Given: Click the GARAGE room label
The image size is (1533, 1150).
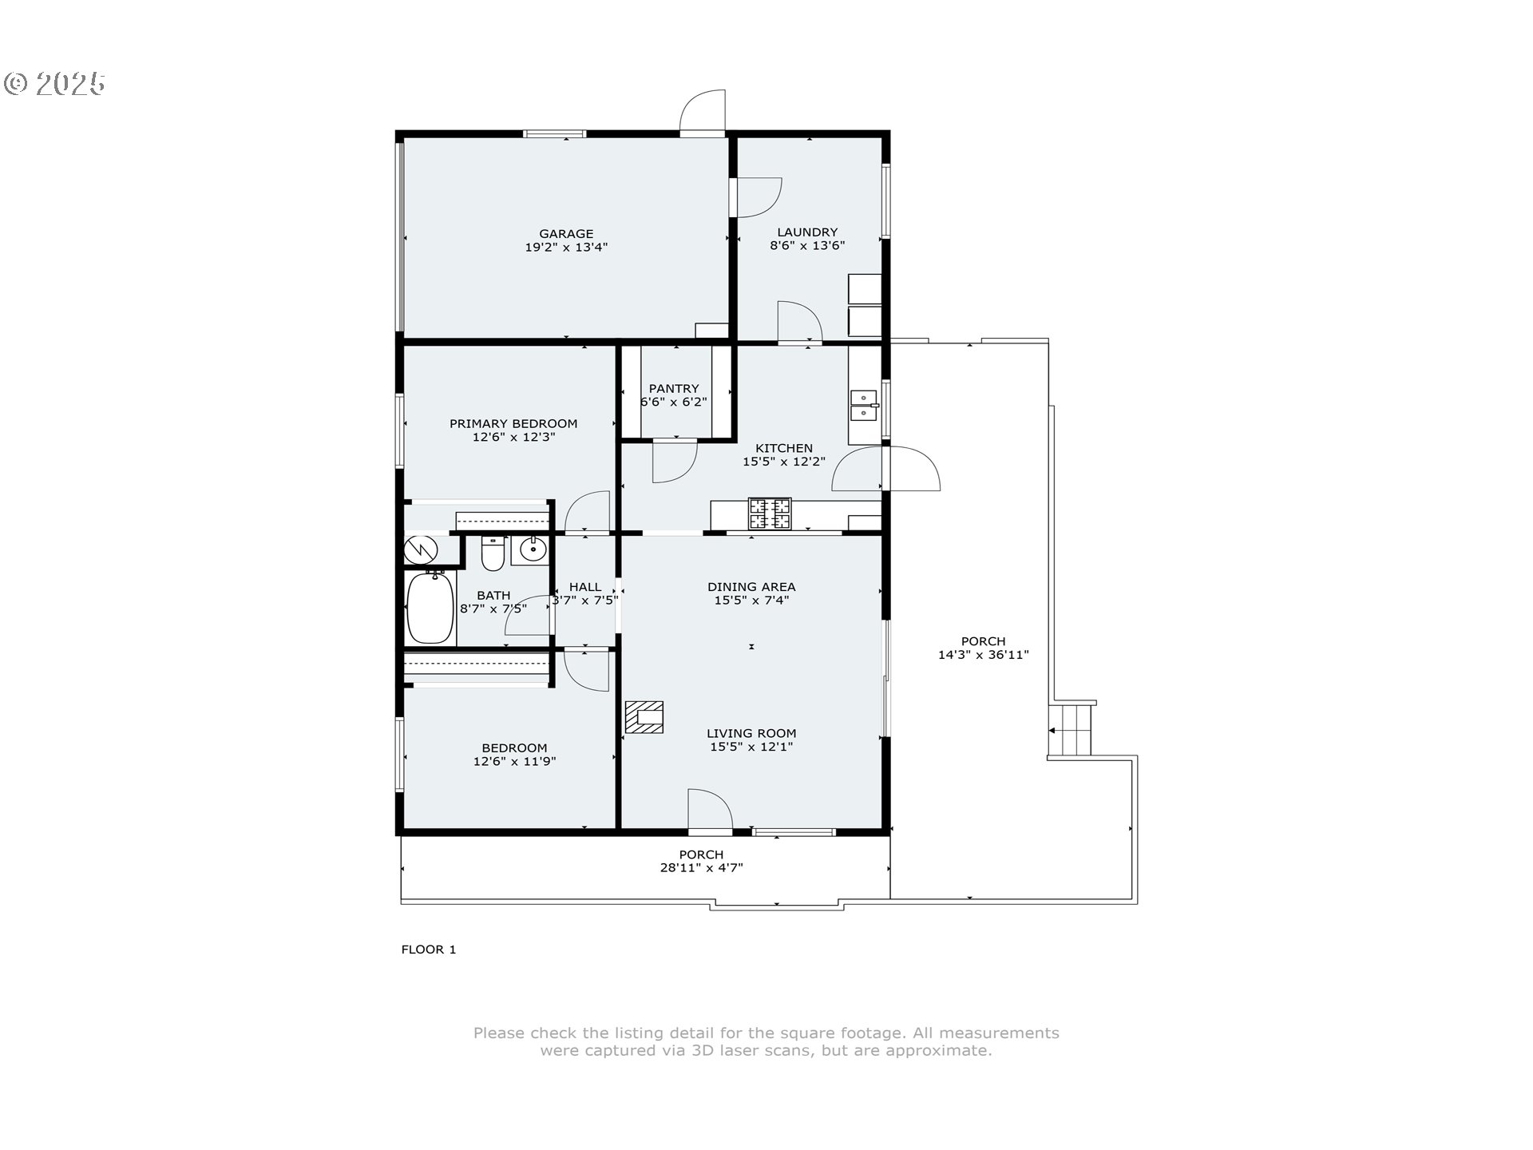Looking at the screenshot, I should pos(566,234).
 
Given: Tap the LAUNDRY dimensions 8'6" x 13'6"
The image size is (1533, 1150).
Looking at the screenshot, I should pos(807,246).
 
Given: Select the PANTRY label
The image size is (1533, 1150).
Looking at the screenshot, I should pos(674,389).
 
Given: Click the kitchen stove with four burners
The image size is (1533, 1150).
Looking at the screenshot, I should pos(770,514).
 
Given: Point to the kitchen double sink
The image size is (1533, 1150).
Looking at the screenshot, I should pos(862,405).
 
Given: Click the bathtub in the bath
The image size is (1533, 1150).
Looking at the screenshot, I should pos(430,607).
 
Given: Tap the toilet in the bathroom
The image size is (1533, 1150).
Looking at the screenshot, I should pos(493,554).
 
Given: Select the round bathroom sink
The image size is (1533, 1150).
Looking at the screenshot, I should pos(532,549).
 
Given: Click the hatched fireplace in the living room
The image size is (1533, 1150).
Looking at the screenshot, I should pos(644,717).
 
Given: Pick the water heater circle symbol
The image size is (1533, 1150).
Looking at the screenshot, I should pos(420,549).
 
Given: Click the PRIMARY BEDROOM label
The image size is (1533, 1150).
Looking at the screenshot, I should pos(513,424).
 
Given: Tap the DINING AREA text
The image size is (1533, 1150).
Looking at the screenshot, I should pos(751,587).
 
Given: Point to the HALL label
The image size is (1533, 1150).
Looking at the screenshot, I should pos(585,587).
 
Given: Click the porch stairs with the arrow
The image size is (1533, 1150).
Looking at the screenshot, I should pos(1072,730).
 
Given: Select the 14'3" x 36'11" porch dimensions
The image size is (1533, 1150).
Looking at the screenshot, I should pos(983,655).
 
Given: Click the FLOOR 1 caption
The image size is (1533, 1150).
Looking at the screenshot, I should pos(429,950).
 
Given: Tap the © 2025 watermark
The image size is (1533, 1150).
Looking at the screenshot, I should pos(54,83).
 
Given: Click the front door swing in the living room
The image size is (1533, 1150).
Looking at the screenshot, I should pos(710,811).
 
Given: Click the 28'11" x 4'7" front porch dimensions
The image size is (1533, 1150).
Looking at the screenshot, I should pos(701,868).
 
